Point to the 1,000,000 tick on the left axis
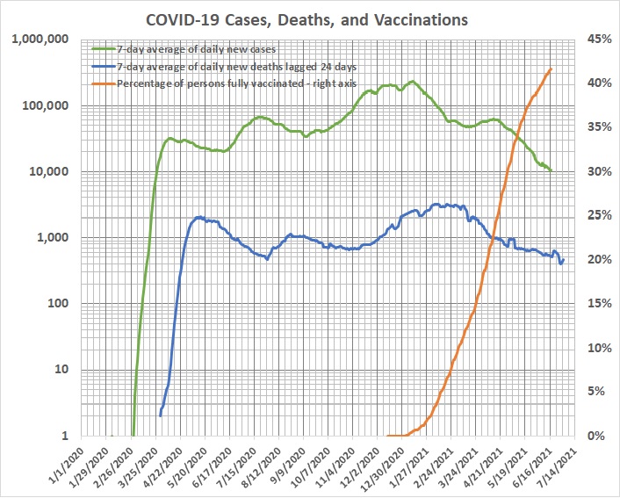point(44,40)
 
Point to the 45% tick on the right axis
point(592,40)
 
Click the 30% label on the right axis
point(592,172)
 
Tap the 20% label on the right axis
point(592,260)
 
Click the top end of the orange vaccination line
point(551,69)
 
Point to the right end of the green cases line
point(552,170)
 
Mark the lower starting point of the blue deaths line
point(160,415)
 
